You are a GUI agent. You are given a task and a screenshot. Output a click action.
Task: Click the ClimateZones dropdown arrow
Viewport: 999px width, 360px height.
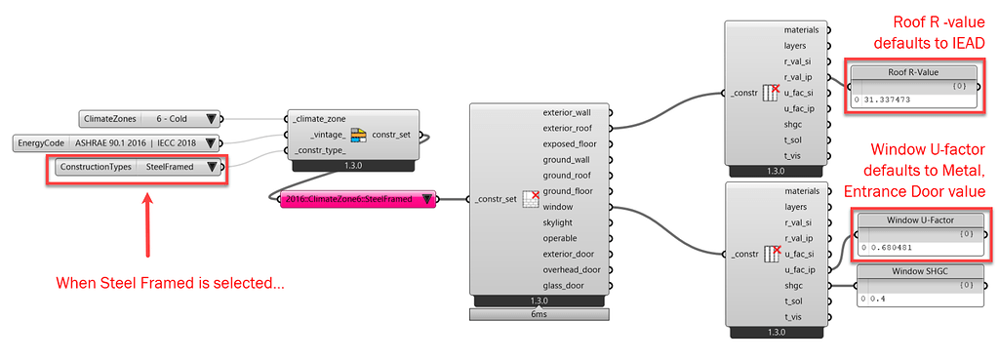[210, 119]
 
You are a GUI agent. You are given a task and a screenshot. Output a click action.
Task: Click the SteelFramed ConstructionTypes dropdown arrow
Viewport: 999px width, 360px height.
[212, 167]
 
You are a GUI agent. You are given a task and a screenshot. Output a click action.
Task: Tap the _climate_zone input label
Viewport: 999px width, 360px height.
[320, 119]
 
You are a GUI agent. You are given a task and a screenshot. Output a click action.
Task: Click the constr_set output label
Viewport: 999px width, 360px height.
[395, 135]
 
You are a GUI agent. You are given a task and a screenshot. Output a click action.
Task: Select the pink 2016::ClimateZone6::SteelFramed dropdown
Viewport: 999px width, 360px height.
[350, 199]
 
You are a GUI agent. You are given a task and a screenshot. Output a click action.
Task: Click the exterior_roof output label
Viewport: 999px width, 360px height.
[574, 127]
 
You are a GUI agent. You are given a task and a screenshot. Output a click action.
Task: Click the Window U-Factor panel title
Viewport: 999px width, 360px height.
[922, 220]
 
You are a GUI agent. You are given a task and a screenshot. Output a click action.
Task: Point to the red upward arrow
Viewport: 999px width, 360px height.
[146, 224]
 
